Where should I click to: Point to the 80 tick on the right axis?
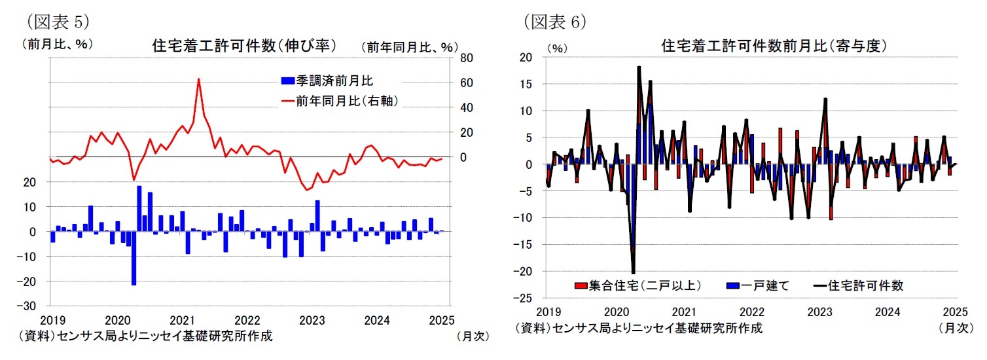point(466,58)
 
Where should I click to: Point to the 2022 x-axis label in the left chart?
point(247,321)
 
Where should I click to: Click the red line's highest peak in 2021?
point(198,79)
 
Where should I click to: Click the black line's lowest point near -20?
point(633,272)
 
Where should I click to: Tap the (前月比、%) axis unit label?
point(57,44)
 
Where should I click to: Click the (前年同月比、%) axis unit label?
point(409,46)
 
